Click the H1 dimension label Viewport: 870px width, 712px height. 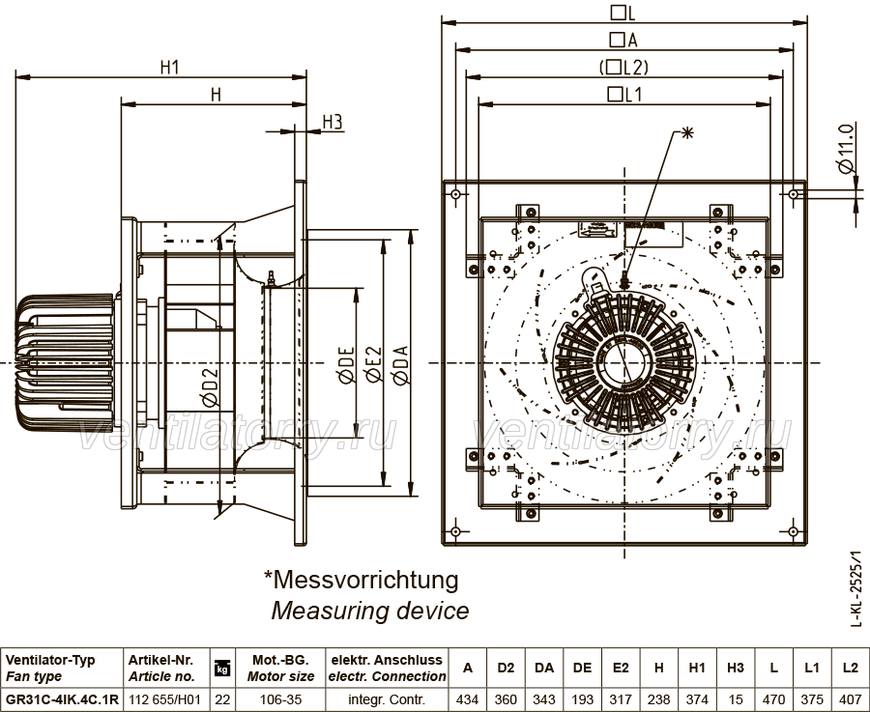click(170, 67)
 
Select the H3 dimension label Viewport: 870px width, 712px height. click(333, 122)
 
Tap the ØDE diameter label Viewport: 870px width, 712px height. click(345, 365)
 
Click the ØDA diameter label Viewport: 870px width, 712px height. click(400, 365)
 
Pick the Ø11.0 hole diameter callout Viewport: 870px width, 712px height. click(845, 149)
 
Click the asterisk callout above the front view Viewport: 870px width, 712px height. click(687, 132)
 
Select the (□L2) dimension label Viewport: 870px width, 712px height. click(623, 67)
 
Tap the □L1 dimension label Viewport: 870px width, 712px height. click(624, 95)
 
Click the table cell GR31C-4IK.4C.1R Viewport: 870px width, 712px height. click(62, 699)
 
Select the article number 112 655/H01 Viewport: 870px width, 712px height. click(164, 699)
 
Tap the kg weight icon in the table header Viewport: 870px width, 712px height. click(222, 669)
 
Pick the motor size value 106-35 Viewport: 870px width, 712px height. click(280, 699)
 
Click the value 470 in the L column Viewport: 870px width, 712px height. click(773, 699)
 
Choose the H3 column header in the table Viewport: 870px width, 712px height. click(736, 669)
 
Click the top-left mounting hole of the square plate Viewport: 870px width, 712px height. click(455, 194)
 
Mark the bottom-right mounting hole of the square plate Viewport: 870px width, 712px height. click(793, 531)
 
